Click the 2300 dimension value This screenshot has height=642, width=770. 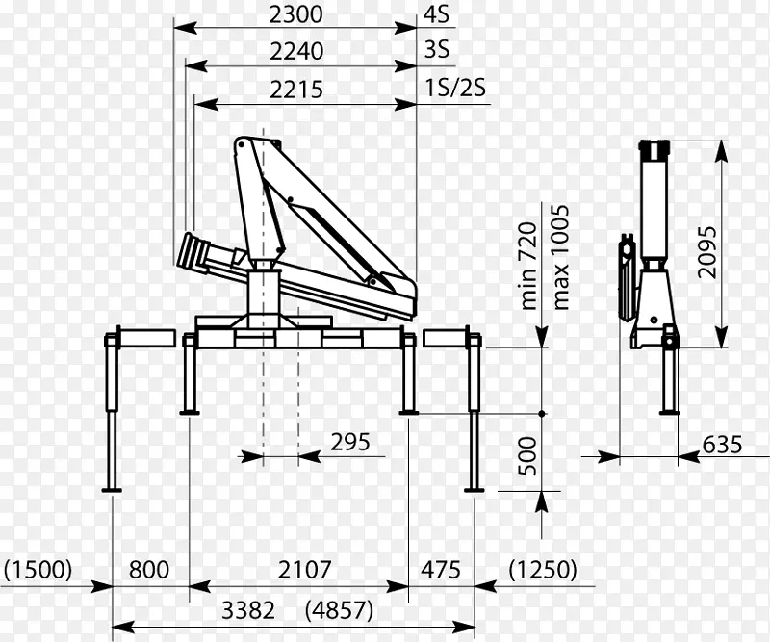pyautogui.click(x=295, y=14)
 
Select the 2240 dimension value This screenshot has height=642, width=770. pyautogui.click(x=296, y=51)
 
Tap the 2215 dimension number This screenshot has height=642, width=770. pyautogui.click(x=296, y=90)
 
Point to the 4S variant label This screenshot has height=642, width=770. pyautogui.click(x=437, y=14)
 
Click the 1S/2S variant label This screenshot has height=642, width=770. pyautogui.click(x=455, y=88)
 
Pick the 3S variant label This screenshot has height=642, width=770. pyautogui.click(x=437, y=50)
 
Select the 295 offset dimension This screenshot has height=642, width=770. pyautogui.click(x=350, y=442)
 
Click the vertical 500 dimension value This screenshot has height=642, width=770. pyautogui.click(x=527, y=456)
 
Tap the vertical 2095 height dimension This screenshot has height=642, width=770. pyautogui.click(x=707, y=252)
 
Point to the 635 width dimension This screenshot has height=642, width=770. pyautogui.click(x=722, y=445)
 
